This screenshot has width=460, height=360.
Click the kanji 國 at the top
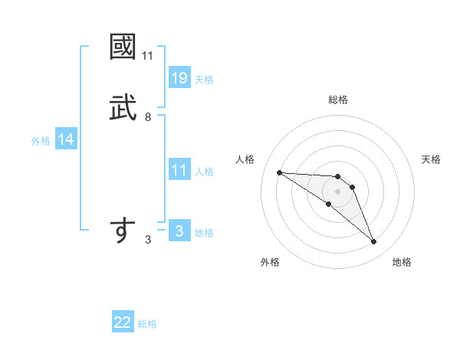[x=123, y=47]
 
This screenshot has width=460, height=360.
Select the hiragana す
[x=123, y=231]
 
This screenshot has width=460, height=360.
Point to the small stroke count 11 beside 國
[x=147, y=56]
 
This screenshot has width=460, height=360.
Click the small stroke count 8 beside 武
[x=147, y=117]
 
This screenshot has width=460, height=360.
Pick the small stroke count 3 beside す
[x=147, y=240]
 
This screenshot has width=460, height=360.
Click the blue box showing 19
[x=179, y=78]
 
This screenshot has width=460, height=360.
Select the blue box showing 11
[x=179, y=170]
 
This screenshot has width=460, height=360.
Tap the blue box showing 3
[x=179, y=231]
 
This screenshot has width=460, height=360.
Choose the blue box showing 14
[x=66, y=139]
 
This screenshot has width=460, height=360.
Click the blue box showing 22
[x=123, y=322]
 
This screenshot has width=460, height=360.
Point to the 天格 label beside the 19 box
[x=204, y=80]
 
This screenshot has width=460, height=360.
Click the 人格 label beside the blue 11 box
[x=204, y=172]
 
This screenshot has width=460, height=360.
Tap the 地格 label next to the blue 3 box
[x=204, y=233]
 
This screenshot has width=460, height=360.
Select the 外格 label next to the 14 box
[x=41, y=141]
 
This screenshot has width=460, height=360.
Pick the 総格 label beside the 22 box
[x=147, y=324]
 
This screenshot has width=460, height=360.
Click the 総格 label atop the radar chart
[x=337, y=100]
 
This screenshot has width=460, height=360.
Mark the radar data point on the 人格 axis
[x=279, y=172]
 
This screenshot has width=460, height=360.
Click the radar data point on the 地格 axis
[x=373, y=242]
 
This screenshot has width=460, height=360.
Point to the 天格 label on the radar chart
[x=432, y=159]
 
